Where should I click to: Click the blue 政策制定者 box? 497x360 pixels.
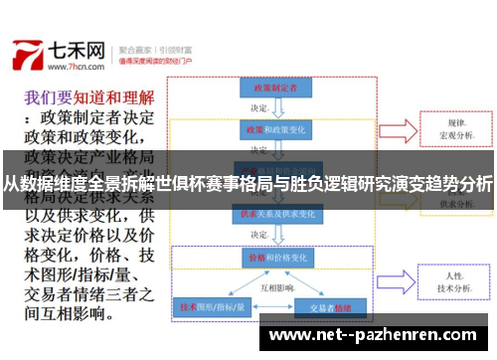coord(268,89)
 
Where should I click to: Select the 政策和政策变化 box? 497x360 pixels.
coord(268,130)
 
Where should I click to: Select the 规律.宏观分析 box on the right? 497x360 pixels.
coord(456,129)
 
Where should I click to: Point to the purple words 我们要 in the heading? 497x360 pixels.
coord(47,98)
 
